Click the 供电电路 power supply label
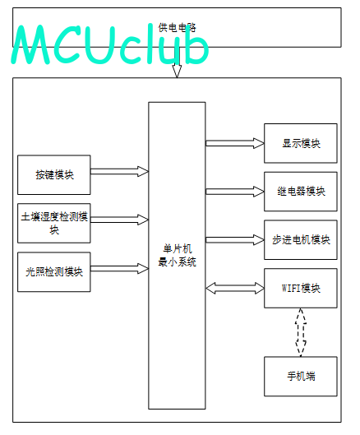pos(177,27)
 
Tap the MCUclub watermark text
pos(110,44)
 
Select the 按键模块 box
pos(54,175)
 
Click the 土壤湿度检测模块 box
pos(54,224)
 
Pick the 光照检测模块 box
pos(54,272)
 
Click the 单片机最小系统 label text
pos(178,255)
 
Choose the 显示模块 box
pos(301,143)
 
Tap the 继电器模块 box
pos(301,192)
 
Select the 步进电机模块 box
pos(301,240)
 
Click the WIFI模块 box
pos(301,289)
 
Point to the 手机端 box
pos(301,377)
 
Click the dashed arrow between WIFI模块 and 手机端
pos(301,332)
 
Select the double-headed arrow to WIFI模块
pos(235,289)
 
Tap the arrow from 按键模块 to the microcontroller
pos(119,171)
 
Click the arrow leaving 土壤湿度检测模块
pos(119,220)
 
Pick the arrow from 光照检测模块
pos(119,269)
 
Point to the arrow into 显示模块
pos(235,143)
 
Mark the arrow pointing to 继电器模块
pos(235,192)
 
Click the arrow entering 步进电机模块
pos(235,240)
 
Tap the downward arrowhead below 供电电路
pos(177,71)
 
